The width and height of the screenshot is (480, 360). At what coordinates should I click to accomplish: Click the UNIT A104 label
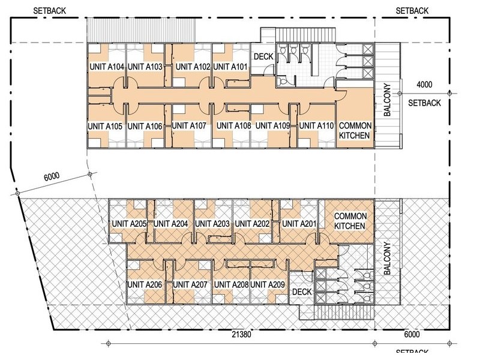107,67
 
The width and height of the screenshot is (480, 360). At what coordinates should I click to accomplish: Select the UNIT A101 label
230,67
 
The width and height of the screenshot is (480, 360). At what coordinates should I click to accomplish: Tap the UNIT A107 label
189,126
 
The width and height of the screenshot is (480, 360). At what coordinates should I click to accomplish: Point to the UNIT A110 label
316,126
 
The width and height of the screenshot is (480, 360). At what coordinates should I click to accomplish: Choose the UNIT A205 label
130,224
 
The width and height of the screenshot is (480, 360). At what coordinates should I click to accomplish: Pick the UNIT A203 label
212,224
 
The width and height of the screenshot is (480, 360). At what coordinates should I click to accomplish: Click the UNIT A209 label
268,284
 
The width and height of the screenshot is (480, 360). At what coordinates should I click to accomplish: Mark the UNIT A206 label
145,284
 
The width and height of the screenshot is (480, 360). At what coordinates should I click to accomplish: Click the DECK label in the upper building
263,56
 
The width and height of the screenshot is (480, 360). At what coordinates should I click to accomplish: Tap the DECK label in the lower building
302,292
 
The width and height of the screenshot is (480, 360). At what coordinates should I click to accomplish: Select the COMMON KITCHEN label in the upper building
355,131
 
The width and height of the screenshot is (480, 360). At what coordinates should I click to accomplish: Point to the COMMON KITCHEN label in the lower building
350,221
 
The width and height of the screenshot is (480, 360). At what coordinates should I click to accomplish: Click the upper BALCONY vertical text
387,100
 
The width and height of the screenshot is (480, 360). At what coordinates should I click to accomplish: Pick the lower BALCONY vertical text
387,259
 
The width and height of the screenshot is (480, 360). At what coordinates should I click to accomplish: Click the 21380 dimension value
241,334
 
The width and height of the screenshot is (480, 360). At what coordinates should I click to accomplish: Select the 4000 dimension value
424,85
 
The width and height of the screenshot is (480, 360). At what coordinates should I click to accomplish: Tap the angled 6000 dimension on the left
52,176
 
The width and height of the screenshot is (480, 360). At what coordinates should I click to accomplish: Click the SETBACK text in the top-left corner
50,11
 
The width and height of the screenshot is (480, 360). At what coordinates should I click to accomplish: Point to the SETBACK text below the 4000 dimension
424,103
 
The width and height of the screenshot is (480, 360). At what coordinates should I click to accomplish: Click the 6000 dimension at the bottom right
412,334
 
